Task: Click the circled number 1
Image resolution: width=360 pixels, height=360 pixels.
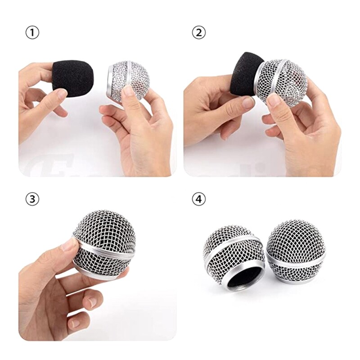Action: tap(32, 33)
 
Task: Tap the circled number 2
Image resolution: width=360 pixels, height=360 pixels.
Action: tap(198, 33)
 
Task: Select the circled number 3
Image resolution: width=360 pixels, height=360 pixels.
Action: tap(32, 199)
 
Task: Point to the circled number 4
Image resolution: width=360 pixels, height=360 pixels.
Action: tap(198, 199)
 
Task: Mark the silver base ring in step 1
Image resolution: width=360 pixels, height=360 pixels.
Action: tap(109, 81)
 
